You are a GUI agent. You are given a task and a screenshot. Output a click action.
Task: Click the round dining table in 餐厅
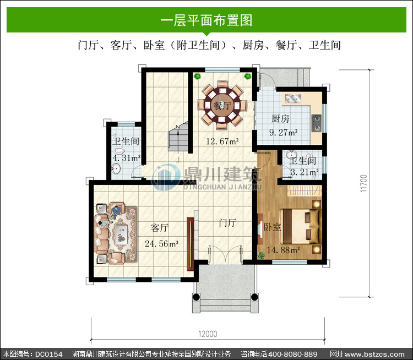(x=222, y=105)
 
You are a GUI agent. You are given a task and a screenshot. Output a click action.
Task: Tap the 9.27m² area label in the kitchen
(x=284, y=132)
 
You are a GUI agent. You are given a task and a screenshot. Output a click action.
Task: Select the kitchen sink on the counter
(x=293, y=99)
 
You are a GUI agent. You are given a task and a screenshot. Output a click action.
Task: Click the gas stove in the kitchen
(x=316, y=123)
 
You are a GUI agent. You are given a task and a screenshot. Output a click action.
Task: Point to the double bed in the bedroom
(x=300, y=226)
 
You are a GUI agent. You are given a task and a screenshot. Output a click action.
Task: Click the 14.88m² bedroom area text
(x=284, y=250)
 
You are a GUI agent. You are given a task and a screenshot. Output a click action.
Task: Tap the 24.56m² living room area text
(x=162, y=244)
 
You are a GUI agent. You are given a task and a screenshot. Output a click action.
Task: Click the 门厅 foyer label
(x=228, y=223)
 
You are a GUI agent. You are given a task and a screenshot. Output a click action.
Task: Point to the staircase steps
(x=178, y=137)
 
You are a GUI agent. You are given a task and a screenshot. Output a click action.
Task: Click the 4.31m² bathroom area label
(x=127, y=158)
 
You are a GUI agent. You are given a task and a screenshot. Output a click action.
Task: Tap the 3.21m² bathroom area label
(x=305, y=172)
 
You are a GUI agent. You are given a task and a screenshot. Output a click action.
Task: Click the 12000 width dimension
(x=208, y=334)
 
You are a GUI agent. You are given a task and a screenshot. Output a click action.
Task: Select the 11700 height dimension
(x=363, y=183)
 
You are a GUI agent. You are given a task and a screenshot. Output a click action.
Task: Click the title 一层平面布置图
(x=206, y=20)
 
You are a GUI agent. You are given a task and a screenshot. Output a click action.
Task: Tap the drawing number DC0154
(x=48, y=354)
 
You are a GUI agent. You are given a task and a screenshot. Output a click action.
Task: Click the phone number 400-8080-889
(x=292, y=354)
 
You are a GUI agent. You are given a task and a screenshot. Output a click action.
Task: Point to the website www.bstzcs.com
(x=374, y=354)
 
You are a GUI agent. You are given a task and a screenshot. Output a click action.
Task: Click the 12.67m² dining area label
(x=222, y=141)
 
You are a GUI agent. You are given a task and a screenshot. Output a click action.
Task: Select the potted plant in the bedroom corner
(x=261, y=255)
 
